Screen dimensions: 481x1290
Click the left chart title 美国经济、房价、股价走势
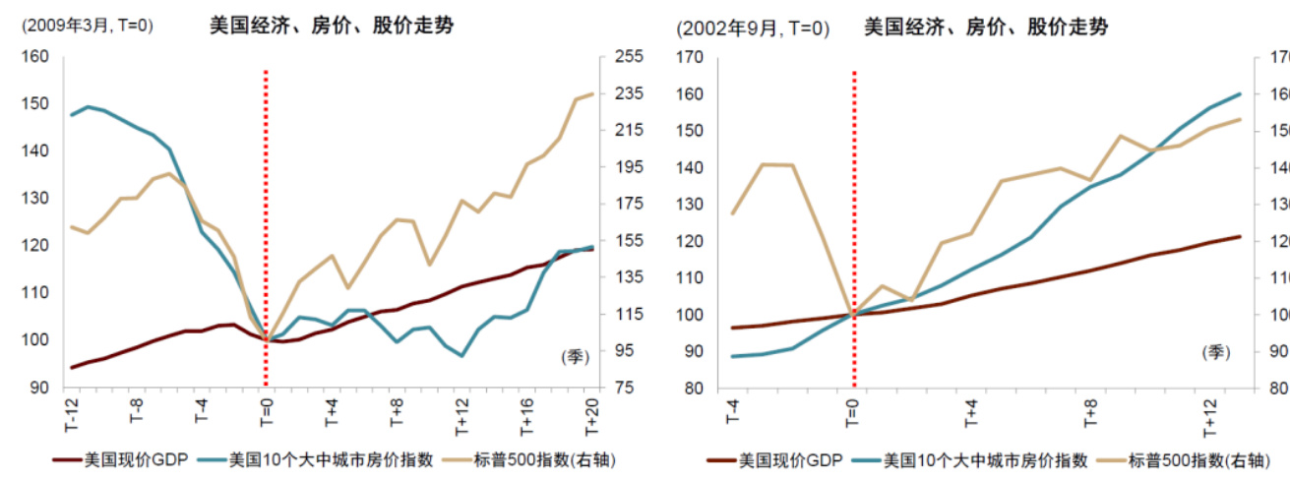331,27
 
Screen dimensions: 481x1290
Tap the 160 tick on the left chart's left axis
35,57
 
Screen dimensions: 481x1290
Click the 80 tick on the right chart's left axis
693,389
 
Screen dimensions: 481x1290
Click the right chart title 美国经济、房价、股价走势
985,28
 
